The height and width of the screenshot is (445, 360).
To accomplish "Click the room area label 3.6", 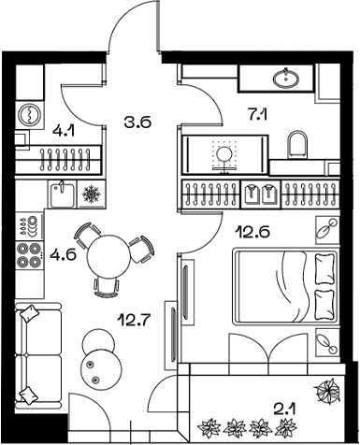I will (x=137, y=120).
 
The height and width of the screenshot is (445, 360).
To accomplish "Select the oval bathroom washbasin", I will (x=284, y=78).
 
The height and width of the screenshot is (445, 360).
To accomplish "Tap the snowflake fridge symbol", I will (x=93, y=195).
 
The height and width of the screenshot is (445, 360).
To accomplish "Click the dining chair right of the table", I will (x=141, y=250).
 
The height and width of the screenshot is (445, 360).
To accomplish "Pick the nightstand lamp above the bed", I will (x=327, y=228).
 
